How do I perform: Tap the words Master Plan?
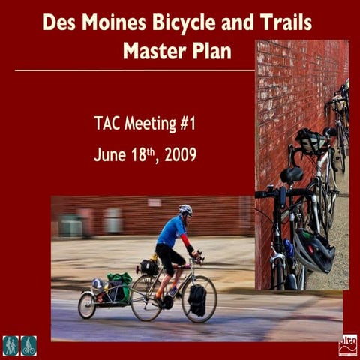[x=177, y=51]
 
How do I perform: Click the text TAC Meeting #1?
[x=145, y=122]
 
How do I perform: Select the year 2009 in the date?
[x=181, y=155]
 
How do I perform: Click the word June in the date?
[x=109, y=155]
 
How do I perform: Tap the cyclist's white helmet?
[x=185, y=210]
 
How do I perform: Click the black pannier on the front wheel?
[x=197, y=300]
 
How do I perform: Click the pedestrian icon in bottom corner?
[x=10, y=345]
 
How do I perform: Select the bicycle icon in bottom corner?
[x=28, y=345]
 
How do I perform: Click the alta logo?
[x=348, y=344]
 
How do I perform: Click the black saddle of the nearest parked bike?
[x=292, y=175]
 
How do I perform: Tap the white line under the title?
[x=135, y=70]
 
